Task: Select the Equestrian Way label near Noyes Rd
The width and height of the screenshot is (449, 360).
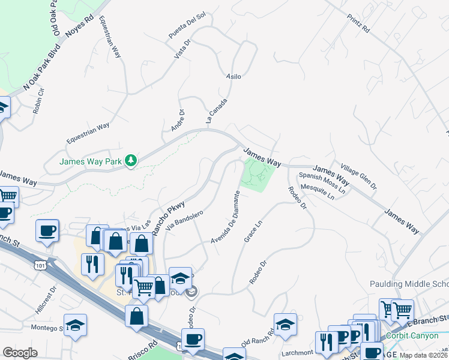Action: point(110,37)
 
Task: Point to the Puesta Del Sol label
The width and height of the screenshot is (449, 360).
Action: point(187,25)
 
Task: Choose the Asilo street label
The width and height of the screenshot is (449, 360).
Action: point(233,77)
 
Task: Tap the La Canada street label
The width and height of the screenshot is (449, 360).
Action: point(217,111)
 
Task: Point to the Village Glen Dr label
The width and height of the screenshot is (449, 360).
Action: point(358,176)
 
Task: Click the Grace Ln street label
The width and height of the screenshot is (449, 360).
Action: point(253,232)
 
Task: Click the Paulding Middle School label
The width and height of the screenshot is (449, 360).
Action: point(414,284)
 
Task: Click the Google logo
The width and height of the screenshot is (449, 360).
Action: point(20,353)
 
